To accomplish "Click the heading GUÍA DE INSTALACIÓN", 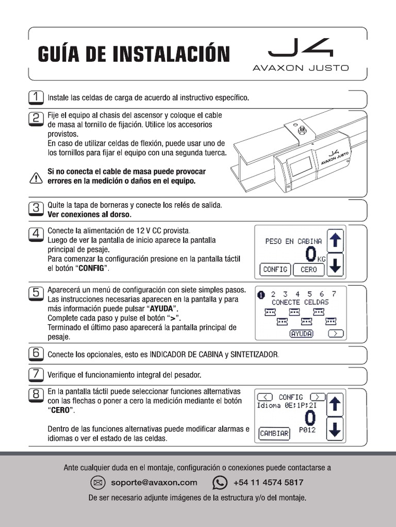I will tap(133, 54).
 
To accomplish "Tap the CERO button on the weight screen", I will tap(308, 269).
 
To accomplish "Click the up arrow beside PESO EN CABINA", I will tap(336, 240).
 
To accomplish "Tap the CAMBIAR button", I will tap(274, 433).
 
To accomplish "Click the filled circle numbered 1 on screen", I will tap(260, 294).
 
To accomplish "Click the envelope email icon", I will tap(97, 483).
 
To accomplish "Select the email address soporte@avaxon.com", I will tap(154, 483).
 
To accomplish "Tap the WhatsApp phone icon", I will tap(220, 483).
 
